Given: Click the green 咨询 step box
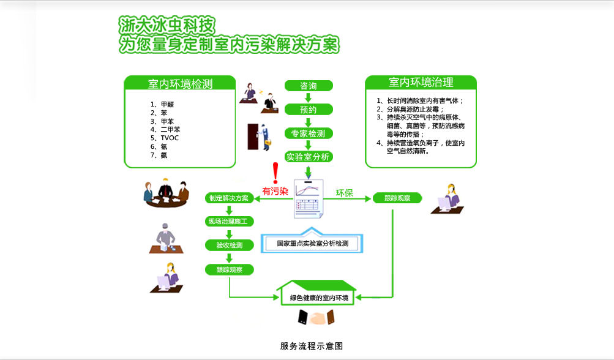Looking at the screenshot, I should click(x=309, y=86).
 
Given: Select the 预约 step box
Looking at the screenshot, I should click(x=309, y=109).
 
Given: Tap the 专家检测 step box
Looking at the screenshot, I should click(x=309, y=133).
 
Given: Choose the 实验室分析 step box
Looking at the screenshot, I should click(x=309, y=157).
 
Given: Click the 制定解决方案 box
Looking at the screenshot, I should click(x=229, y=198).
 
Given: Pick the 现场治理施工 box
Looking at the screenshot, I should click(x=229, y=222).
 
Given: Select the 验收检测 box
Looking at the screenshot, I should click(x=229, y=246).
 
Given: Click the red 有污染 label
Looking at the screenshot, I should click(x=275, y=191).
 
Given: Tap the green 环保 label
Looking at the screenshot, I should click(x=344, y=193).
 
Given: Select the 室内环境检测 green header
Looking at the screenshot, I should click(x=180, y=84).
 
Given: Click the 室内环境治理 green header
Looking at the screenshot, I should click(x=421, y=83).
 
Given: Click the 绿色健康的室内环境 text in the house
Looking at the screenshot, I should click(x=318, y=298).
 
